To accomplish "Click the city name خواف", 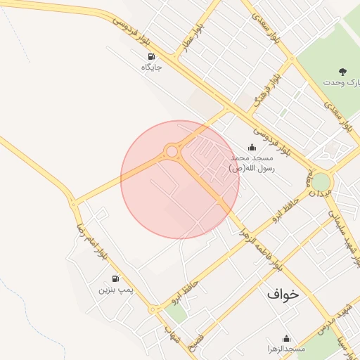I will tap(283, 294).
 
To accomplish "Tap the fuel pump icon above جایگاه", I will tap(150, 56).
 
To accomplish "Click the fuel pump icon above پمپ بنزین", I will tap(115, 278).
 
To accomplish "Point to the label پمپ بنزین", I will tap(115, 290).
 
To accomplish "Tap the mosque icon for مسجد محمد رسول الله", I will tap(252, 148).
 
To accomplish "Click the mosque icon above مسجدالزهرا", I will tap(286, 338).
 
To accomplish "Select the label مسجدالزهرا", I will tap(285, 349).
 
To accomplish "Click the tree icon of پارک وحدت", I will tap(342, 71).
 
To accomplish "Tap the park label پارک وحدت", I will tap(341, 82).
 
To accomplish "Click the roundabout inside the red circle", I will tap(172, 151).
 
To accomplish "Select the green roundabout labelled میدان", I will tap(321, 182).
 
